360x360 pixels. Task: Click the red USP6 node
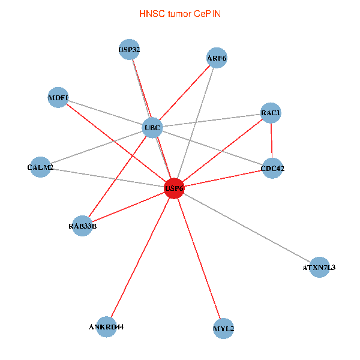pos(174,188)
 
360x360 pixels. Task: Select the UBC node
pos(152,128)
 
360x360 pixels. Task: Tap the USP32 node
pos(129,50)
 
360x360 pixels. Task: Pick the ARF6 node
pos(217,58)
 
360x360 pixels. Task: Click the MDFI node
pos(58,98)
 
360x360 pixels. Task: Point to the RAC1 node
pos(271,113)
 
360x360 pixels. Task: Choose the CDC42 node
pos(272,168)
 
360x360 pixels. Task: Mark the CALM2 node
pos(40,167)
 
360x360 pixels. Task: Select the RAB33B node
pos(82,226)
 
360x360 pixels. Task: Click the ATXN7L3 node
pos(319,267)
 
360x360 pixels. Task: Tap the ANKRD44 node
pos(106,327)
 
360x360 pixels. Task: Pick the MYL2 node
pos(223,329)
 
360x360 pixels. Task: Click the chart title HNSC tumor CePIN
pos(180,14)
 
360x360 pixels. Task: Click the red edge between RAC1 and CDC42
pos(272,140)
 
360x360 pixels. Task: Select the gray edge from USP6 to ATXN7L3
pos(247,228)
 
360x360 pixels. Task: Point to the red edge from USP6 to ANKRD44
pos(140,257)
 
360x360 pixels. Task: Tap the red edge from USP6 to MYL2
pos(199,258)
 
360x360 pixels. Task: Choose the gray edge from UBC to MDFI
pos(105,113)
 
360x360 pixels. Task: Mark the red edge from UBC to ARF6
pos(185,93)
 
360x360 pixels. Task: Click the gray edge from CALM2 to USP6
pos(107,178)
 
